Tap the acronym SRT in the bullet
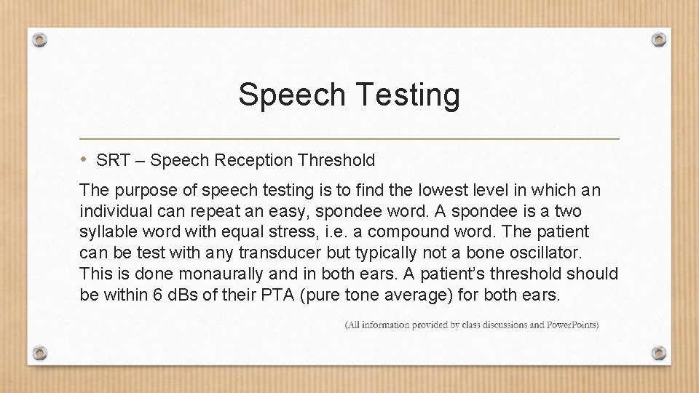click(110, 160)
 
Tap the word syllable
click(105, 232)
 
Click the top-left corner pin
click(40, 39)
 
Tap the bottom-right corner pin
click(658, 353)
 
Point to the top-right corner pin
click(658, 39)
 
